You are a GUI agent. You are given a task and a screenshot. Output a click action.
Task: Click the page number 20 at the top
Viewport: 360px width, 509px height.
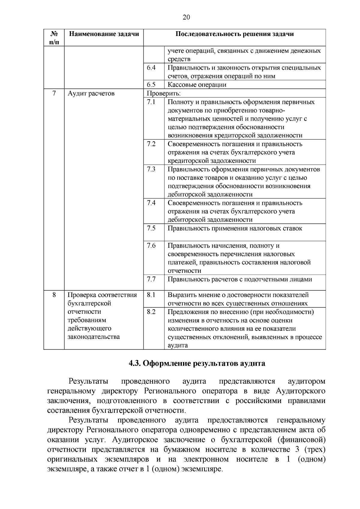[186, 17]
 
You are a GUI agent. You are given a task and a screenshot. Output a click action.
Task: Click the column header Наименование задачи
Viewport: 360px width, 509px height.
[104, 34]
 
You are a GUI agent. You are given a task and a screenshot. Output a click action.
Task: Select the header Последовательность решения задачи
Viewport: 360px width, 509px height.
[234, 34]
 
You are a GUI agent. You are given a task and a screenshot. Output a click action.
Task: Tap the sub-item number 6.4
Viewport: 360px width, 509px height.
[151, 68]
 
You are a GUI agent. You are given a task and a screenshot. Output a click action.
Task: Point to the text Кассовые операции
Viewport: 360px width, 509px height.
[197, 85]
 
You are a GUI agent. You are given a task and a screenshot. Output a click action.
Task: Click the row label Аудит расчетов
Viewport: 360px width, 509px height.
[91, 93]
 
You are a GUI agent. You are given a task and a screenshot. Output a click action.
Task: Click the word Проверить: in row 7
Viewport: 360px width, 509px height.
[163, 93]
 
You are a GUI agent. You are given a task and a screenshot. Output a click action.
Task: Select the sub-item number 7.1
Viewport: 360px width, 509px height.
[151, 102]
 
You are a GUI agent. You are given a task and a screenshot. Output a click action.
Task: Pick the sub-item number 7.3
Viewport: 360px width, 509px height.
[151, 169]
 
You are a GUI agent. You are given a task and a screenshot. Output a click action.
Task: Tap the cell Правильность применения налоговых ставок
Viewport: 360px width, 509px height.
[235, 229]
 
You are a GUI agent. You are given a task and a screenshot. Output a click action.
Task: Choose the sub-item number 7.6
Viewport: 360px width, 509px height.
[151, 246]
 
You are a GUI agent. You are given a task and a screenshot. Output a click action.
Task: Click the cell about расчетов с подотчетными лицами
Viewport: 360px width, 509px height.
[240, 280]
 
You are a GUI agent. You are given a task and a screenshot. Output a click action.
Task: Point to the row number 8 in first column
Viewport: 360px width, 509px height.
[54, 295]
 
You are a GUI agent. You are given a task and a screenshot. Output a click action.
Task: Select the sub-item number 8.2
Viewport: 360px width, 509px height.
[151, 312]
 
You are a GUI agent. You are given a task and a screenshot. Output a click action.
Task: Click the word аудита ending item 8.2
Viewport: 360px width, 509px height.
[178, 345]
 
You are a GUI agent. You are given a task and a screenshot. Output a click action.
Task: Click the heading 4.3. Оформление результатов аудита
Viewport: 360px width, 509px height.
[197, 364]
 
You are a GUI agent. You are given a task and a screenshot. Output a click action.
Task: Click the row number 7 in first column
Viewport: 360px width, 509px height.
[54, 93]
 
